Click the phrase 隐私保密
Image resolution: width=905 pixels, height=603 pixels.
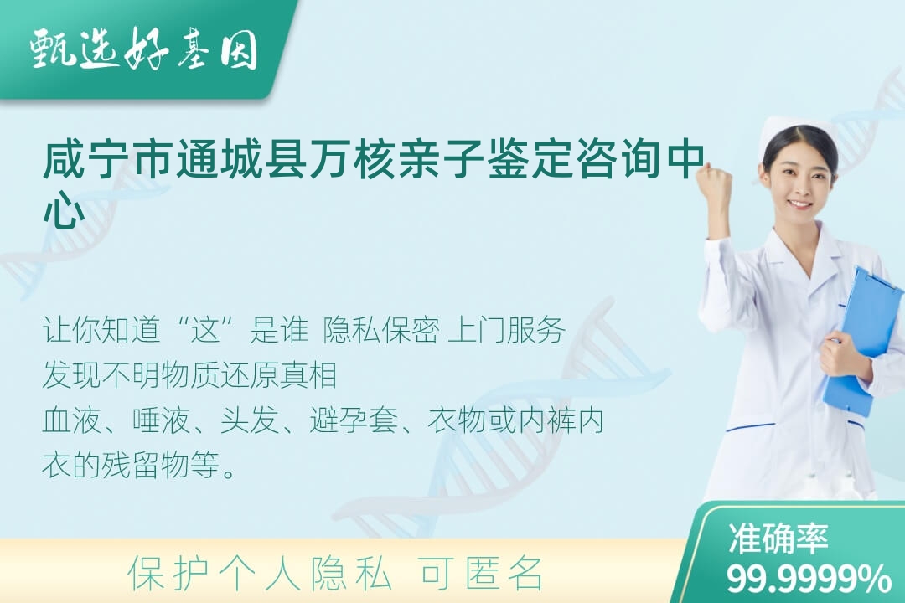click(x=380, y=331)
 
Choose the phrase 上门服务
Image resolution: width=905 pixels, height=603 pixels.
click(x=507, y=331)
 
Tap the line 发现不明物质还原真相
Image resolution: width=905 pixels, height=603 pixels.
click(x=190, y=375)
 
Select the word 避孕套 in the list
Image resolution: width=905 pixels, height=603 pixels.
click(x=354, y=420)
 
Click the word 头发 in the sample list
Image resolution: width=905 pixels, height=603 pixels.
click(x=250, y=420)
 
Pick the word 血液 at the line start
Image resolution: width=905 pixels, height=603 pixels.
click(x=72, y=420)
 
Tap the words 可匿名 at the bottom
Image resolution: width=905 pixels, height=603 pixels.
click(x=481, y=574)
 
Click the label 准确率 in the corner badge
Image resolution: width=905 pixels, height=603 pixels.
click(x=778, y=538)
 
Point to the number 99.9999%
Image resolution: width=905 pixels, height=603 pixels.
click(x=809, y=578)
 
